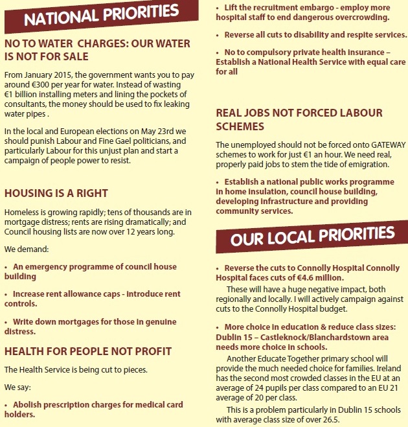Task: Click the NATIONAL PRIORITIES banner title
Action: [x=100, y=16]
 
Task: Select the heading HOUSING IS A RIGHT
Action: [x=56, y=193]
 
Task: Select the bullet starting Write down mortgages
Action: [x=90, y=327]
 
